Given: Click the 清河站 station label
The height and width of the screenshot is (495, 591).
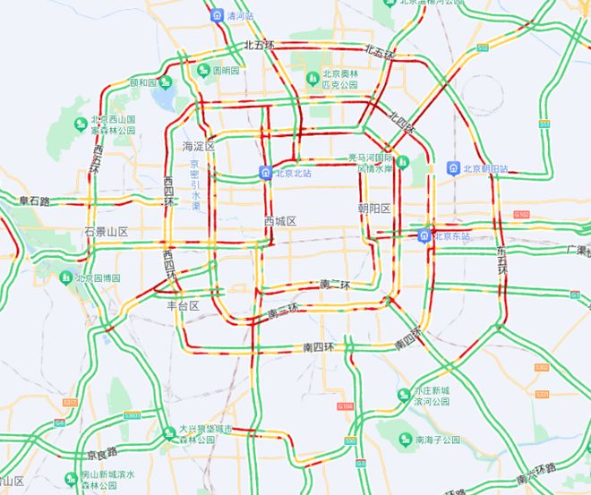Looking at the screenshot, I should (240, 16).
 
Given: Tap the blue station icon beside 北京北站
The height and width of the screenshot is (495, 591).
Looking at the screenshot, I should (266, 172).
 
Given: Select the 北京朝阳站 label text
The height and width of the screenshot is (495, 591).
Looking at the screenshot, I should (484, 168).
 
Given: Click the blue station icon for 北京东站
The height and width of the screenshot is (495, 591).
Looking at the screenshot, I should (423, 236).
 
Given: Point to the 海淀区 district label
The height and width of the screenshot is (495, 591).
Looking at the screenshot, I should (199, 146).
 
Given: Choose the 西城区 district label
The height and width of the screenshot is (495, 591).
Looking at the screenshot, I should (280, 220).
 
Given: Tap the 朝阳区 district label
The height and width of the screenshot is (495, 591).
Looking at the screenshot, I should (374, 209).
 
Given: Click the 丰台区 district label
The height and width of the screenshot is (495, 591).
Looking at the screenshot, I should (182, 305).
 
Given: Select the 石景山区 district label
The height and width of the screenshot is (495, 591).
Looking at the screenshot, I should (106, 232).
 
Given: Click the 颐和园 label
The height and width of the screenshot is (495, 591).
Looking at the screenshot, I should (142, 83).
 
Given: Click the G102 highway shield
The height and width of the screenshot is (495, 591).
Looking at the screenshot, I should (524, 215).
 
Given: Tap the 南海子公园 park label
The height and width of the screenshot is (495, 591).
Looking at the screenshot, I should (437, 440).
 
